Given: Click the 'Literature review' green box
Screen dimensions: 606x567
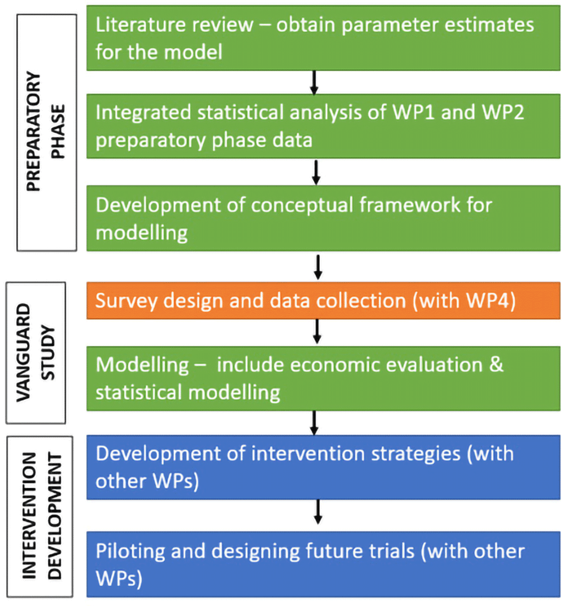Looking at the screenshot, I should tap(323, 37).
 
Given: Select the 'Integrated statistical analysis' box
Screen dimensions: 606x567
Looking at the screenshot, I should tap(323, 126).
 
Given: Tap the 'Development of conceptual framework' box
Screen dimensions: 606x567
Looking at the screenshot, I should tap(323, 218).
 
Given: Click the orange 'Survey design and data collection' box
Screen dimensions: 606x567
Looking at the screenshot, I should tap(323, 300).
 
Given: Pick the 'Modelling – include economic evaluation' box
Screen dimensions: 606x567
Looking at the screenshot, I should tap(323, 378).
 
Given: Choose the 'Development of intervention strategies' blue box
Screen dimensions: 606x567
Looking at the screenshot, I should tap(323, 467).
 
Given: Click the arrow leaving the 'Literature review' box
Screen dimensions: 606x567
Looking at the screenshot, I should tap(316, 83).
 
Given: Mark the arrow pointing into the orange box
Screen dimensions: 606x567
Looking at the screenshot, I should tap(318, 267).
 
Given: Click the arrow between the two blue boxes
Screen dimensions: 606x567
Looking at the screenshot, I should tap(318, 512).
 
